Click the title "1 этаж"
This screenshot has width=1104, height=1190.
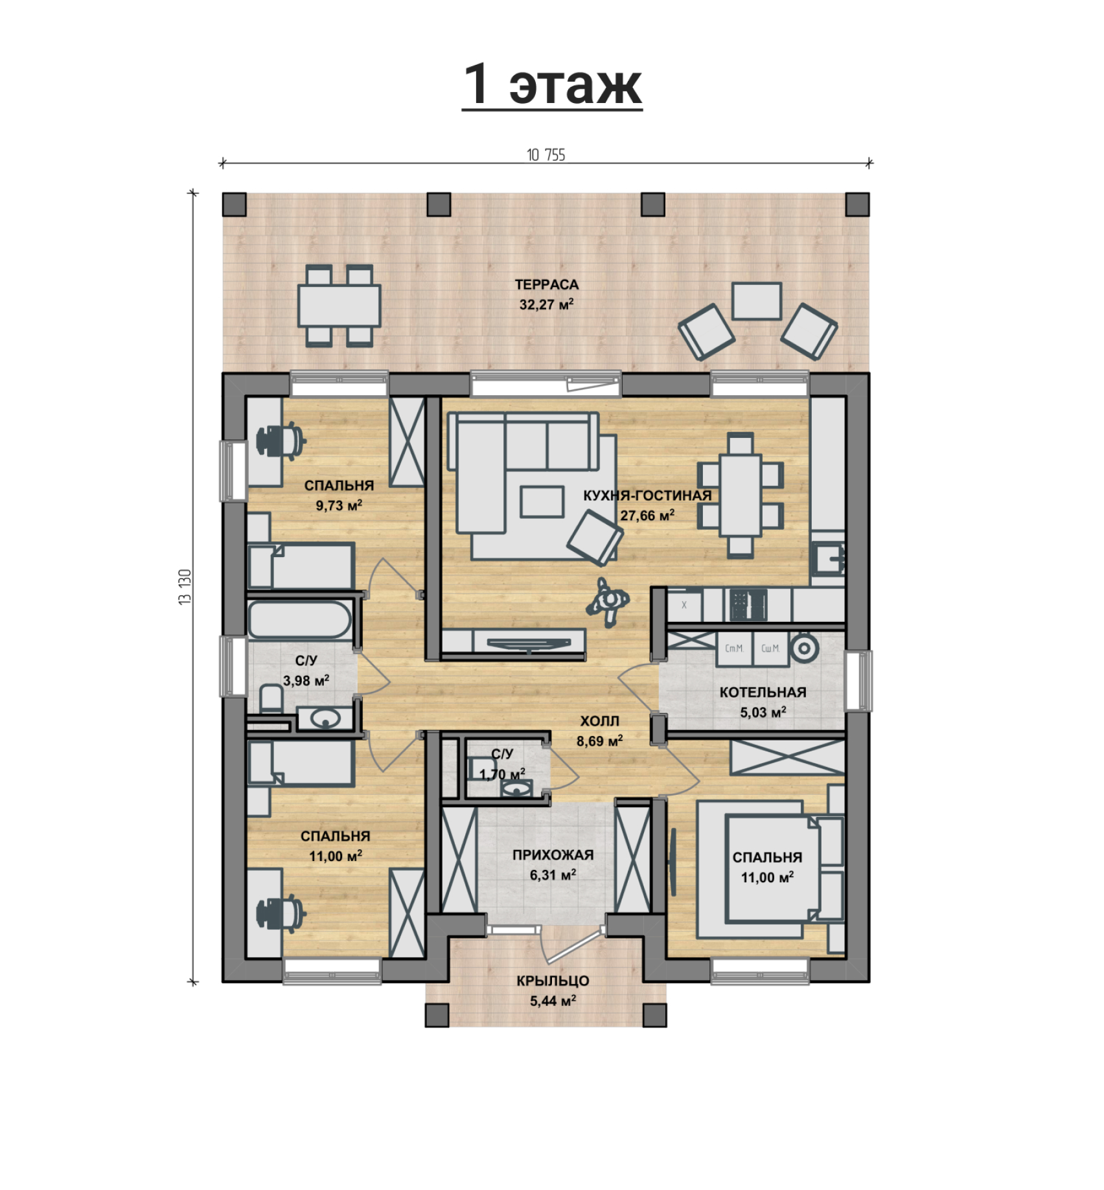click(552, 84)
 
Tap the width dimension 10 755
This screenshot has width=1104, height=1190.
click(546, 155)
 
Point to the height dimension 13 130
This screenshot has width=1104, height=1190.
click(185, 587)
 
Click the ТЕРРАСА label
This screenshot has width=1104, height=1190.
click(547, 284)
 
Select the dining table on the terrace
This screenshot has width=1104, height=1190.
click(339, 306)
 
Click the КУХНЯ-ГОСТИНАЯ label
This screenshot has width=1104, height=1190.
click(647, 496)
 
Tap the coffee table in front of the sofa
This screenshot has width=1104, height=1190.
click(542, 502)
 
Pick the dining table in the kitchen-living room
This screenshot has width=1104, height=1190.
click(741, 496)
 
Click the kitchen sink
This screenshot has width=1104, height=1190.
click(828, 558)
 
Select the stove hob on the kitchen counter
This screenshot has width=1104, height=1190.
click(749, 605)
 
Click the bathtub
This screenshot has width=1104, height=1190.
click(300, 620)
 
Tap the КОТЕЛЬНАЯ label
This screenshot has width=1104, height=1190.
click(763, 692)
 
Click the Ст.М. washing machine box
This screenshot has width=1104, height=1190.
click(734, 649)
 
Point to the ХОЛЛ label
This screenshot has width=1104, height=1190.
click(599, 721)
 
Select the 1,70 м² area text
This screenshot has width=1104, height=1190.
click(502, 774)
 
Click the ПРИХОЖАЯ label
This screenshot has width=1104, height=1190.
click(553, 855)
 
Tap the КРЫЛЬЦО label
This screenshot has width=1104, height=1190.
click(553, 981)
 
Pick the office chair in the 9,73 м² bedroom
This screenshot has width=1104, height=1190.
click(281, 441)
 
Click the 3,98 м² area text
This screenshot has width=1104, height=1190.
click(306, 681)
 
